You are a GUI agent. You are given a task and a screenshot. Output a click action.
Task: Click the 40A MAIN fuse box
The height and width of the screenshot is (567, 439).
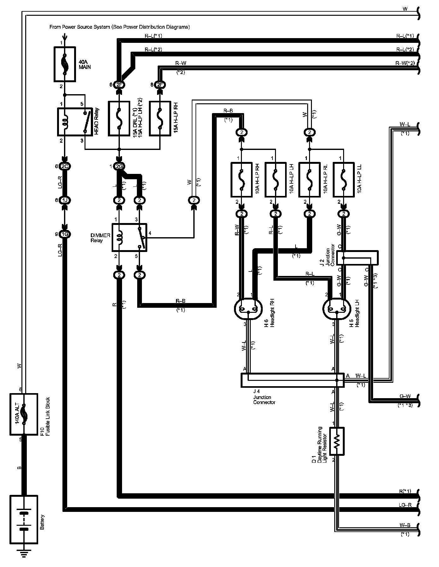pyautogui.click(x=65, y=64)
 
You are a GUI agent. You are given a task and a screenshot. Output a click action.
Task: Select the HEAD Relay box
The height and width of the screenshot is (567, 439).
pyautogui.click(x=75, y=122)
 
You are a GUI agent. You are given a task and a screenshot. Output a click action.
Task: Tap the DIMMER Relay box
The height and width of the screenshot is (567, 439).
pyautogui.click(x=129, y=237)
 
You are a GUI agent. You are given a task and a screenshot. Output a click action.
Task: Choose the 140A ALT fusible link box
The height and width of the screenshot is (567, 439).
pyautogui.click(x=24, y=414)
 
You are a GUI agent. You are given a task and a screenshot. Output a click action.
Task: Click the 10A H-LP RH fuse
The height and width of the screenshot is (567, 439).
pyautogui.click(x=242, y=180)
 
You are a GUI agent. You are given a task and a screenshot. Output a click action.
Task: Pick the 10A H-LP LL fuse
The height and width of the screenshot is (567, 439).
pyautogui.click(x=343, y=180)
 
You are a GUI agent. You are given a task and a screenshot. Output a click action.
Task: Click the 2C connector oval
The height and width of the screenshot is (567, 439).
pyautogui.click(x=65, y=166)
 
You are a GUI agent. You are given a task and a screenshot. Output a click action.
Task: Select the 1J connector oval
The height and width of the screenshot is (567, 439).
pyautogui.click(x=65, y=200)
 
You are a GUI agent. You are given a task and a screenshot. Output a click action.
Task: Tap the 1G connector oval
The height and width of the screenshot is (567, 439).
pyautogui.click(x=65, y=234)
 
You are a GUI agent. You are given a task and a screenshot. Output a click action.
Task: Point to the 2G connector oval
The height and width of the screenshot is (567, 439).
pyautogui.click(x=119, y=166)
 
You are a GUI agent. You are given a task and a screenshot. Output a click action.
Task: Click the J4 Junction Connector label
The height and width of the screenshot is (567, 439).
pyautogui.click(x=264, y=397)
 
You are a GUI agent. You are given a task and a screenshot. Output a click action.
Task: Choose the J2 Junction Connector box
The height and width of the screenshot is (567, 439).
pyautogui.click(x=357, y=258)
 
